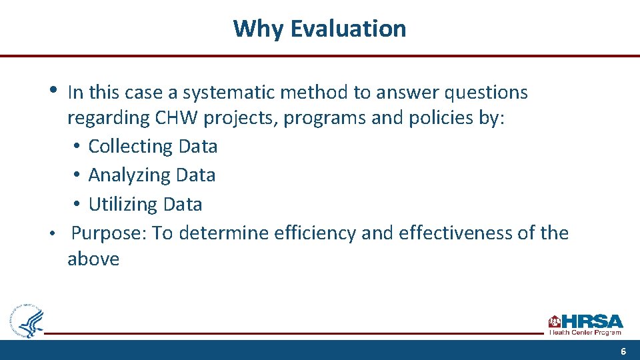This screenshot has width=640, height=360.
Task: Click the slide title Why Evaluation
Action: tap(319, 29)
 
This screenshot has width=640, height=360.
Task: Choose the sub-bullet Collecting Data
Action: tap(153, 146)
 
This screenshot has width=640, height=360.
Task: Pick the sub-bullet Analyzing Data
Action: tap(151, 175)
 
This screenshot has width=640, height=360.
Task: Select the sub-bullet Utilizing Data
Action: tap(145, 204)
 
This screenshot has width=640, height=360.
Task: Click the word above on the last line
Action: tap(93, 259)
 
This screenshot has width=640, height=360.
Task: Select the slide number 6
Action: tap(623, 351)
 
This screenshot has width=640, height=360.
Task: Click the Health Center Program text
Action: tap(585, 332)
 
